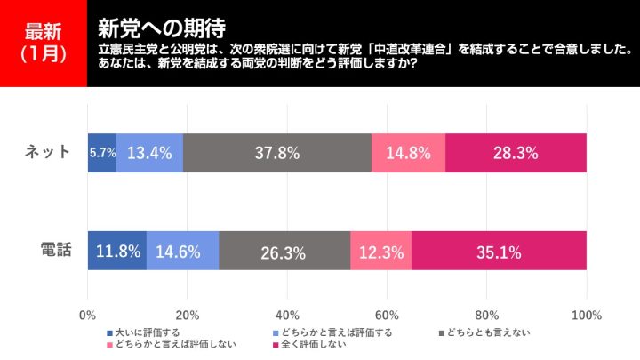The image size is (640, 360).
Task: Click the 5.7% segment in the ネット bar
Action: click(x=102, y=153)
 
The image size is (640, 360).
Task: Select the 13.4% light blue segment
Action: click(x=149, y=153)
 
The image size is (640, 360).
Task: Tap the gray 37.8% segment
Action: click(x=277, y=153)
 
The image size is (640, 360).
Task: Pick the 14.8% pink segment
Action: click(x=408, y=153)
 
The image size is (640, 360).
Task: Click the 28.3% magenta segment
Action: click(x=516, y=153)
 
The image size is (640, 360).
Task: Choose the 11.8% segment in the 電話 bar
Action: click(x=117, y=251)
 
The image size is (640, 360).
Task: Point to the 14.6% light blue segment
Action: click(x=182, y=251)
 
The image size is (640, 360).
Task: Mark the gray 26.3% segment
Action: click(x=284, y=251)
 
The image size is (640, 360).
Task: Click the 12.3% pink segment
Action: click(x=380, y=251)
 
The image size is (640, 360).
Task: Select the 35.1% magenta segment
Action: click(x=499, y=251)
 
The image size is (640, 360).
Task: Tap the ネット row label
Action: click(x=48, y=152)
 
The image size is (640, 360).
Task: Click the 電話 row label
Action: click(x=54, y=250)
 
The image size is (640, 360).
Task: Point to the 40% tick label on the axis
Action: click(x=287, y=315)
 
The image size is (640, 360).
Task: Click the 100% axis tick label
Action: click(x=587, y=315)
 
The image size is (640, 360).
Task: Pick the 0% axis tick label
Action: click(x=88, y=315)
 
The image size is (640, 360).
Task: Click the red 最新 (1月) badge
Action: click(x=44, y=43)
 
